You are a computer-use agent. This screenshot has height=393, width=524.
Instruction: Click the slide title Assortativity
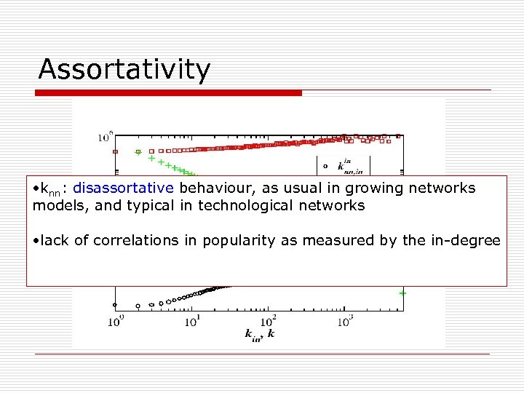click(124, 70)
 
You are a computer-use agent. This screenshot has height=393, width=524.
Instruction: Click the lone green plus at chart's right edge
click(402, 293)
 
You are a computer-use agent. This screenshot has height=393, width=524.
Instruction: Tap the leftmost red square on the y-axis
click(115, 151)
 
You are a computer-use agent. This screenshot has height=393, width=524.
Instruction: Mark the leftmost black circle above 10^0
click(115, 305)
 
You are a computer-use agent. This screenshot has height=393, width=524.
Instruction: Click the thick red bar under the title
click(169, 93)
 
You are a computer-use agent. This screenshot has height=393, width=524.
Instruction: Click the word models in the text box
click(55, 205)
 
